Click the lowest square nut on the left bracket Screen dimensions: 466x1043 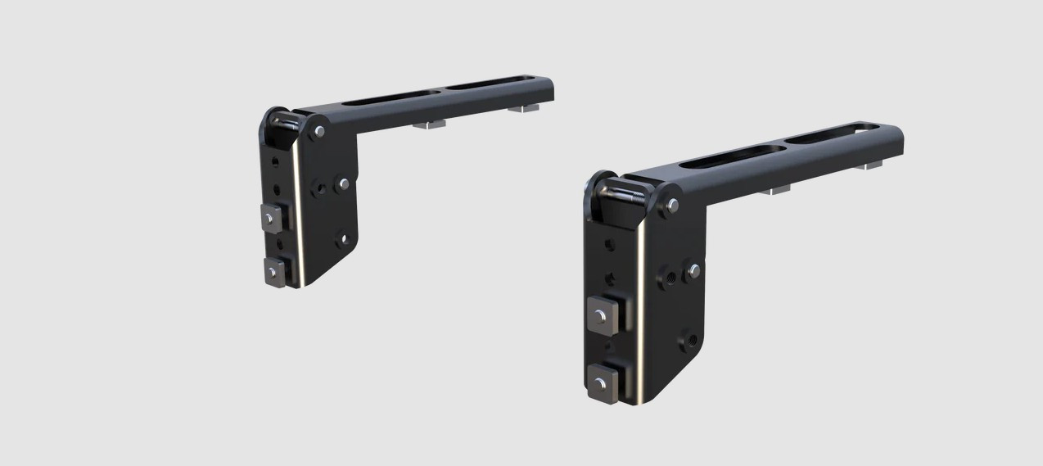pos(272,270)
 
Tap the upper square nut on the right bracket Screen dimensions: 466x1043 pos(602,312)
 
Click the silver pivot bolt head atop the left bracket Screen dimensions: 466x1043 pos(319,130)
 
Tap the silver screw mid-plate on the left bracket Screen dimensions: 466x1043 pos(344,183)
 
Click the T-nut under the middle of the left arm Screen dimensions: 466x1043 pos(428,124)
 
